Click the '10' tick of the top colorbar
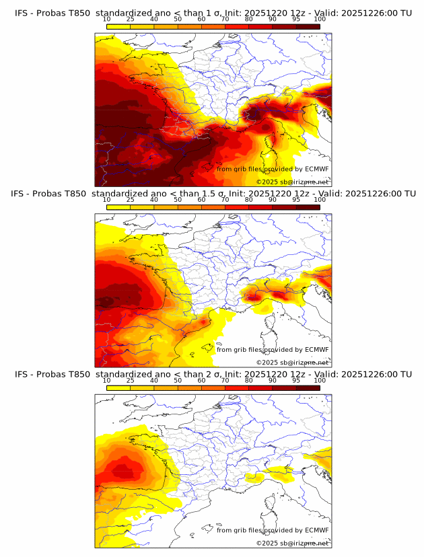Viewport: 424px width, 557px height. point(107,20)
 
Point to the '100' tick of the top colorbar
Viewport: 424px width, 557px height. point(320,20)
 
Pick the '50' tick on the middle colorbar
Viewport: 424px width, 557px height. point(178,200)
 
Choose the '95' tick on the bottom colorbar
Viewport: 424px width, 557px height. point(296,381)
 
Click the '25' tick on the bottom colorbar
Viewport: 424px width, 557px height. point(131,381)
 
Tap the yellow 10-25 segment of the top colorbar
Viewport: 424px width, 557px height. point(118,26)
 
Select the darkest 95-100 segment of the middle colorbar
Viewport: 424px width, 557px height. point(308,207)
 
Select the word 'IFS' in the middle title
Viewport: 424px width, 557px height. point(22,194)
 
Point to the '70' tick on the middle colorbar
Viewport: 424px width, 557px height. point(225,200)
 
